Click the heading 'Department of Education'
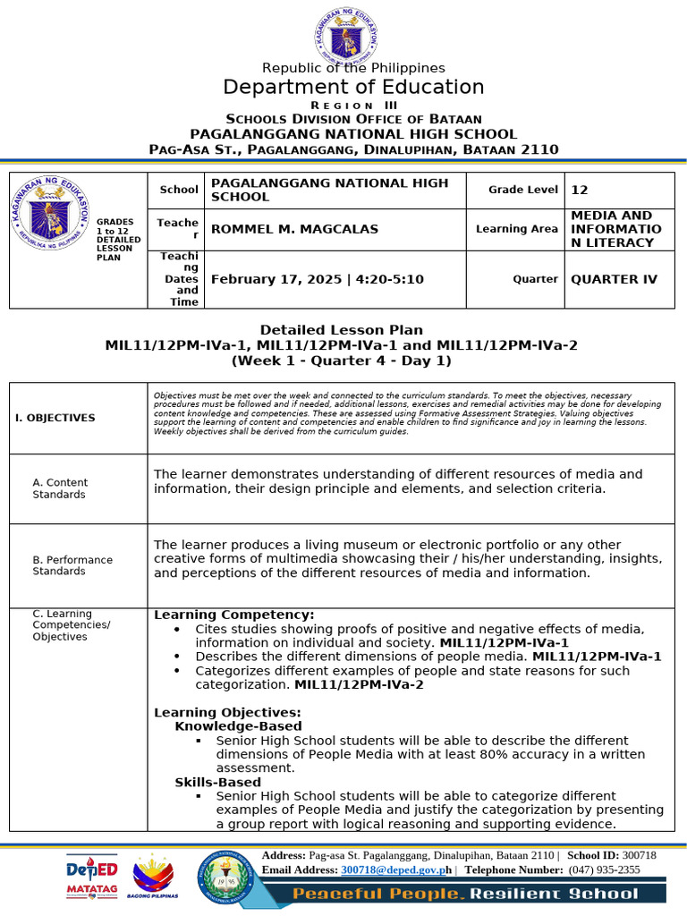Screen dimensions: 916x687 353,87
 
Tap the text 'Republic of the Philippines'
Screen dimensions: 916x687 353,68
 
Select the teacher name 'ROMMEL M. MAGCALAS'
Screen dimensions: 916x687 294,229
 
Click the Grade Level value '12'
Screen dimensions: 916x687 580,190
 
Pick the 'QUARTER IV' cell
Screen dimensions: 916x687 614,279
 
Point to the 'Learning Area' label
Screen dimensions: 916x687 516,229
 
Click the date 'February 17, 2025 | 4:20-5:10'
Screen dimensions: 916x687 317,279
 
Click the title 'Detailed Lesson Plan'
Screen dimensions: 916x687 341,330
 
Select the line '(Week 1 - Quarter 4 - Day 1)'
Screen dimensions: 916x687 341,360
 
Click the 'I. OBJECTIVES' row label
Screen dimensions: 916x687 55,418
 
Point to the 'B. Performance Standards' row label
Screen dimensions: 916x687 72,565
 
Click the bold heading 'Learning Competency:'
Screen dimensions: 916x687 233,615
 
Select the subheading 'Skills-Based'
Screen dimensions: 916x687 217,782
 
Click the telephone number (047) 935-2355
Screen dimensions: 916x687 604,869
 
